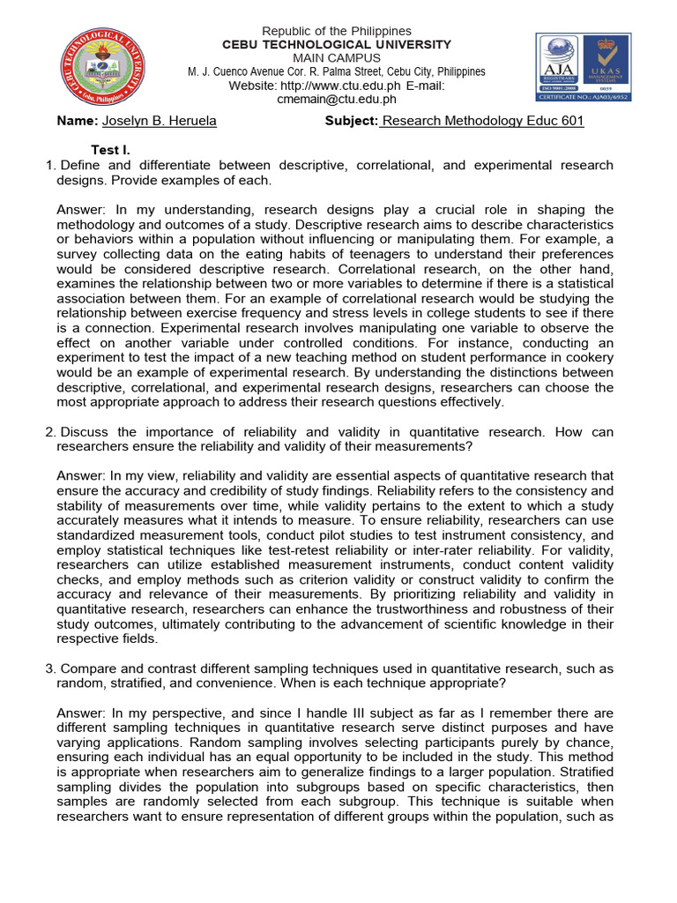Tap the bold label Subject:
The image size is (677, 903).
tap(351, 121)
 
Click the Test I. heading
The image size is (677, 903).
tap(111, 150)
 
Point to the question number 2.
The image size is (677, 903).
tap(49, 432)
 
